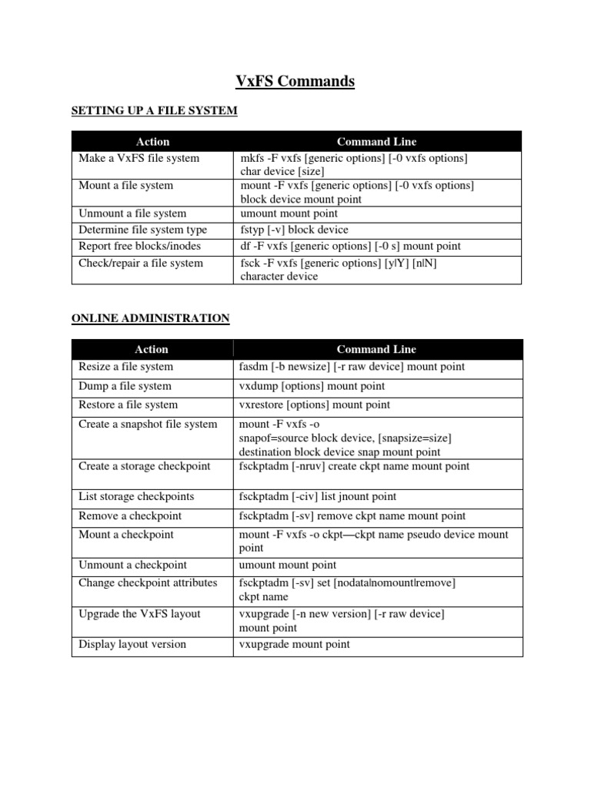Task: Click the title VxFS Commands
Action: pos(295,81)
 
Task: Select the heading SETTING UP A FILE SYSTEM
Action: pos(154,111)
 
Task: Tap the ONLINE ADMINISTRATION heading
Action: pos(150,317)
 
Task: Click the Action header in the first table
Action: pos(152,142)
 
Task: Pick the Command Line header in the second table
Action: pos(376,349)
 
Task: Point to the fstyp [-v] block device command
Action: pos(294,230)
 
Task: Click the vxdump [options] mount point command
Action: pos(312,386)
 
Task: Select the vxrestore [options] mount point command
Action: pos(315,405)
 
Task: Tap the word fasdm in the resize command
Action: pos(253,367)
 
